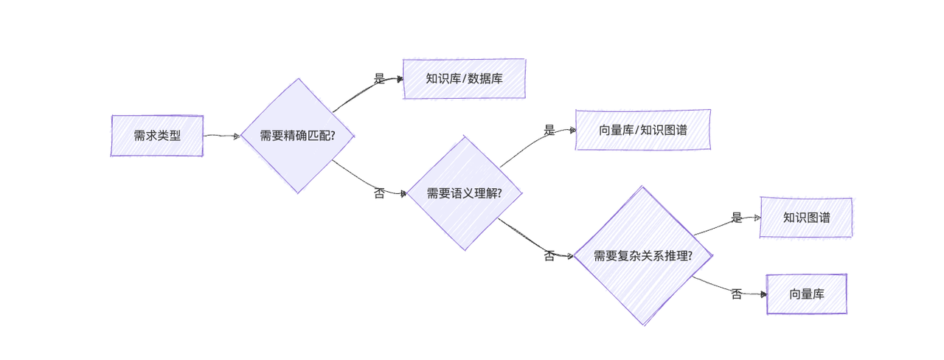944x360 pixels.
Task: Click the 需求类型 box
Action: pos(157,136)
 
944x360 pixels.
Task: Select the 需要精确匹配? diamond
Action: pos(298,136)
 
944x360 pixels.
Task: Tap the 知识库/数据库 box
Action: pos(464,78)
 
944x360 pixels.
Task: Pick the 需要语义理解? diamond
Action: pos(465,193)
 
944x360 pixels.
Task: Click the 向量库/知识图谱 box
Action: pos(643,130)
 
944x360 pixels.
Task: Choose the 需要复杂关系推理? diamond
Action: pos(643,256)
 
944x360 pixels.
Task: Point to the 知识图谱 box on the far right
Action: pos(806,218)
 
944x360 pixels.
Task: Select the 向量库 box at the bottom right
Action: pos(806,294)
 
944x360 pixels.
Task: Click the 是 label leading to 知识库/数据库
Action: pos(380,79)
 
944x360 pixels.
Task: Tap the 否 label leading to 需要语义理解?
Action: pos(380,194)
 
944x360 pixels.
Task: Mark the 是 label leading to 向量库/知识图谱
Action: pos(549,131)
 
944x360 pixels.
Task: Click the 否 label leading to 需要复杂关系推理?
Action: pos(549,257)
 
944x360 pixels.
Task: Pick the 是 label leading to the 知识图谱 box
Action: pos(737,218)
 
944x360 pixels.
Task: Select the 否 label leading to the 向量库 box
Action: pos(737,294)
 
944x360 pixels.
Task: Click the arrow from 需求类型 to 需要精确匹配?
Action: pos(221,136)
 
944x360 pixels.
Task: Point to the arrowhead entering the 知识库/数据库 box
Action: pos(400,78)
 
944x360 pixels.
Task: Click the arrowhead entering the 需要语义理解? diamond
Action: pos(403,194)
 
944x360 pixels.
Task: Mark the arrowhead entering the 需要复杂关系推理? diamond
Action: pos(570,256)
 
